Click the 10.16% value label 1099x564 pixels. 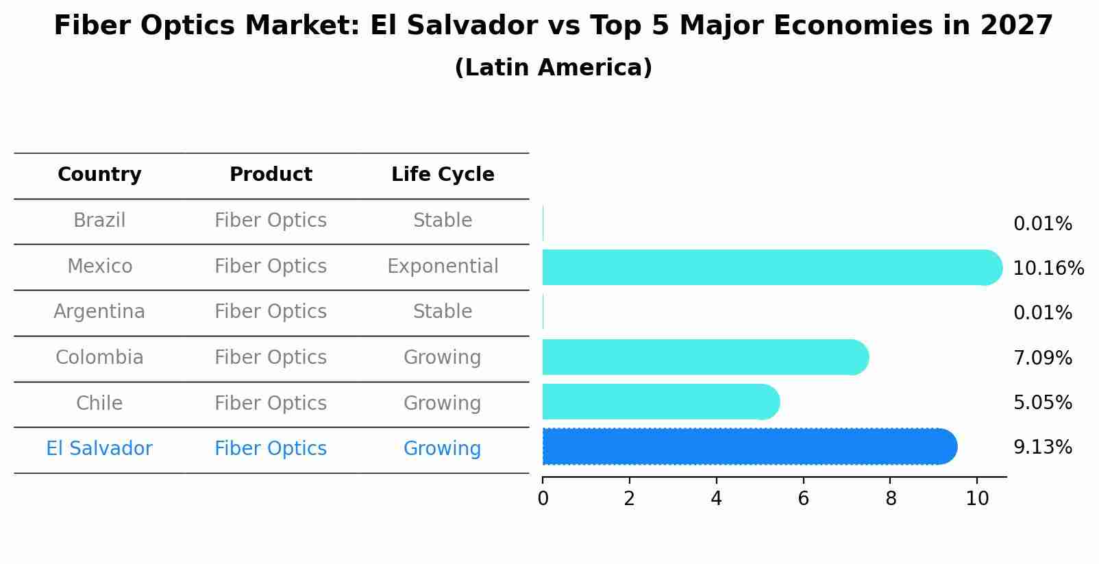pos(1048,268)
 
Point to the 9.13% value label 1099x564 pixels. pos(1042,447)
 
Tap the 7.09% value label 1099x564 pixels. pos(1042,358)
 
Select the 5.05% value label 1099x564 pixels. pos(1042,402)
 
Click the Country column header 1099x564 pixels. pos(99,175)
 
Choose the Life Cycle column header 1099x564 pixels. pos(443,175)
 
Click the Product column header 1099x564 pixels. pos(271,175)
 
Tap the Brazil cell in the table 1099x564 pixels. pos(99,221)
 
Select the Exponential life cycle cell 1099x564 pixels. pos(443,266)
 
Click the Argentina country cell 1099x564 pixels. pos(99,312)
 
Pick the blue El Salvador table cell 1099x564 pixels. pos(99,449)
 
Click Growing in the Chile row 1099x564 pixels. pos(443,403)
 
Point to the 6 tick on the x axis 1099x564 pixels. pos(803,498)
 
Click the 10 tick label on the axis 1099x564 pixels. pos(977,498)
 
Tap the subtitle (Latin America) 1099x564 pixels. pos(553,68)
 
